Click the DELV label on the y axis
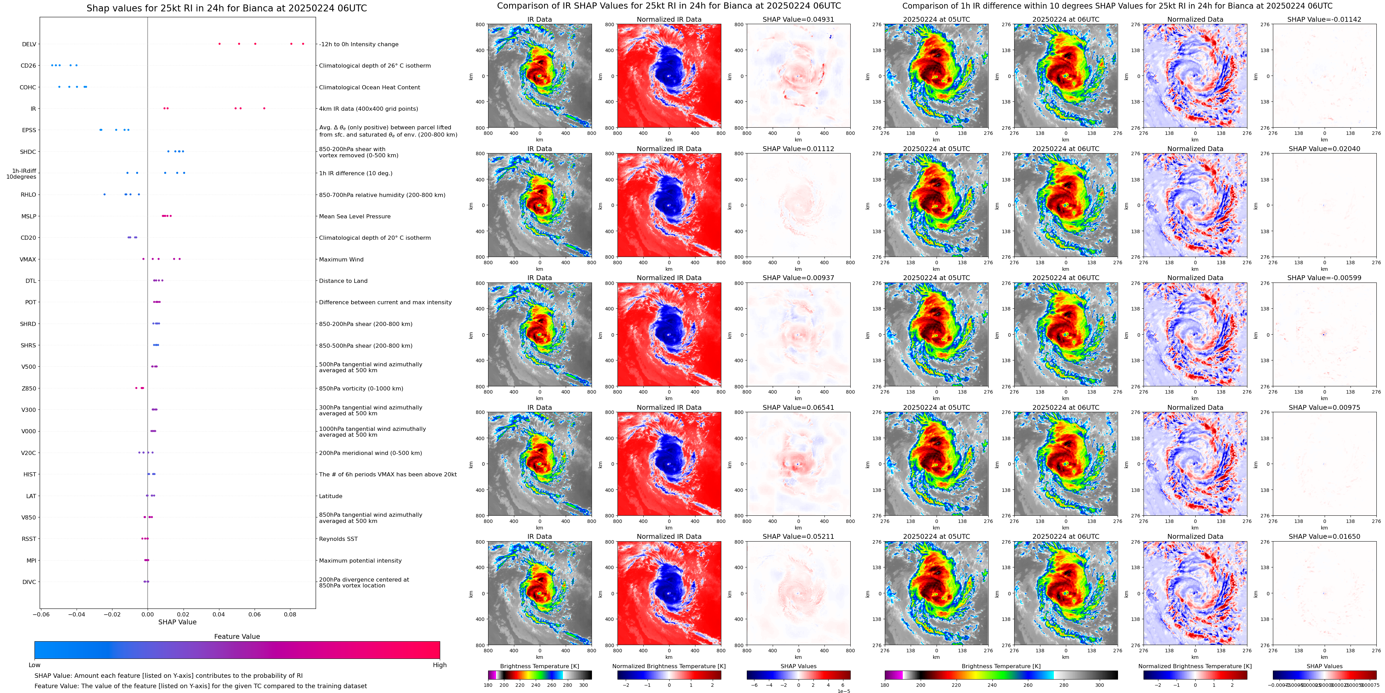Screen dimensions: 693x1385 [x=29, y=44]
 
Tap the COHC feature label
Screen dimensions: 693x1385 [x=28, y=87]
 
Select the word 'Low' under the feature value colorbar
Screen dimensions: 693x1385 [x=34, y=665]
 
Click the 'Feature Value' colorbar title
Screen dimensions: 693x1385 [x=237, y=636]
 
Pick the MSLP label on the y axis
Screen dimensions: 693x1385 [x=29, y=216]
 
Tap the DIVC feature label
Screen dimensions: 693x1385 [x=29, y=582]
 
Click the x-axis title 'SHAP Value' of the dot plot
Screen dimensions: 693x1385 [x=177, y=622]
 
